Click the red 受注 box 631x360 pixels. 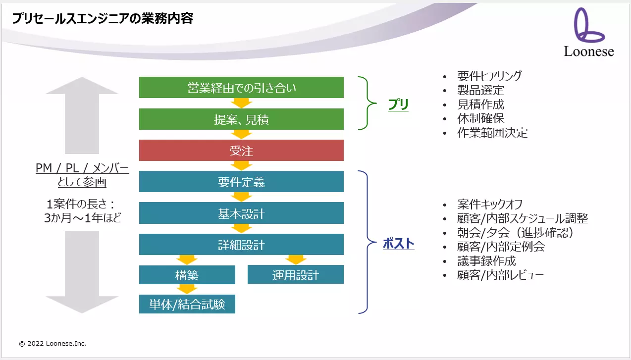pyautogui.click(x=241, y=150)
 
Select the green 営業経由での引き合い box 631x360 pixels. pyautogui.click(x=241, y=87)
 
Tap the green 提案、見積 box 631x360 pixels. pyautogui.click(x=241, y=119)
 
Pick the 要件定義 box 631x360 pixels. pyautogui.click(x=241, y=181)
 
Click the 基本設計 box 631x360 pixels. pyautogui.click(x=241, y=213)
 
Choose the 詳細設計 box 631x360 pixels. pyautogui.click(x=241, y=244)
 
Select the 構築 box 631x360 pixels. pyautogui.click(x=187, y=275)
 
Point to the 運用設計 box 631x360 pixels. pyautogui.click(x=296, y=274)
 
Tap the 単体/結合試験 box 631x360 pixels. pyautogui.click(x=187, y=304)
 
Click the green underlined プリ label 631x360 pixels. pyautogui.click(x=398, y=104)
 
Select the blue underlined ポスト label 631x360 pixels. pyautogui.click(x=398, y=243)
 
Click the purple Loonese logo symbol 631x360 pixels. pyautogui.click(x=588, y=25)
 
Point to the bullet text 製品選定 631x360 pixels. pyautogui.click(x=480, y=90)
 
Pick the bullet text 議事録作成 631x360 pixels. pyautogui.click(x=486, y=261)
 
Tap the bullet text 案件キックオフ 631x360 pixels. pyautogui.click(x=490, y=204)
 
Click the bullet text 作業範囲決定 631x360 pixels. pyautogui.click(x=492, y=133)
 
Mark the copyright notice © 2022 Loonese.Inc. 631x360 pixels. pyautogui.click(x=53, y=343)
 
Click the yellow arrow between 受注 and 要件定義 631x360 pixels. pyautogui.click(x=241, y=165)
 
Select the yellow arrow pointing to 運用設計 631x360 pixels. pyautogui.click(x=296, y=259)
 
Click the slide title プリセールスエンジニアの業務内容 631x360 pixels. pyautogui.click(x=103, y=18)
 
